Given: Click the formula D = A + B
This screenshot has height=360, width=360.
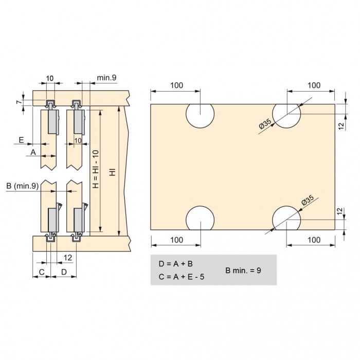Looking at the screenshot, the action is coord(176,264).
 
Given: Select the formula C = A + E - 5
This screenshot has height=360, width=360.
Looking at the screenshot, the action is coord(182,277).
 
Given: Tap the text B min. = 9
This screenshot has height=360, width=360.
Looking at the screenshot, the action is coord(243,270).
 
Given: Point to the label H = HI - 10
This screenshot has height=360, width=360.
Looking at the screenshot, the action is coord(96,169).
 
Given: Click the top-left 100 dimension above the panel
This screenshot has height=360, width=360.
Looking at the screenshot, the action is coord(176,85).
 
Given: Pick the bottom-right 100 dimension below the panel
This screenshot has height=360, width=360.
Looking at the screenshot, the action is coord(314,240).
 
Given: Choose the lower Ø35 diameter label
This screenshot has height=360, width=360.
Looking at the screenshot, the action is coord(308,200).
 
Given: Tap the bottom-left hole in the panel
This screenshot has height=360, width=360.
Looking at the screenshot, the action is coord(200,218).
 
